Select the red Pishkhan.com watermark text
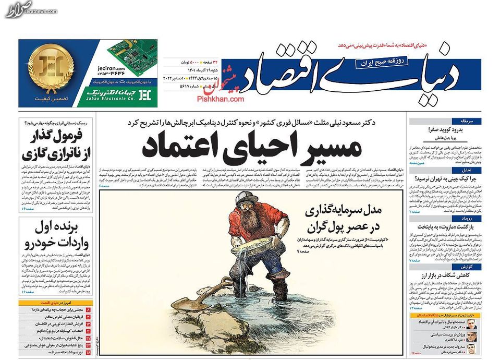click(221, 98)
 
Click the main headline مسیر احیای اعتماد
click(252, 147)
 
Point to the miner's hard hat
click(245, 199)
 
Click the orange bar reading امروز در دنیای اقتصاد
click(56, 303)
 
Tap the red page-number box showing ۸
click(88, 310)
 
